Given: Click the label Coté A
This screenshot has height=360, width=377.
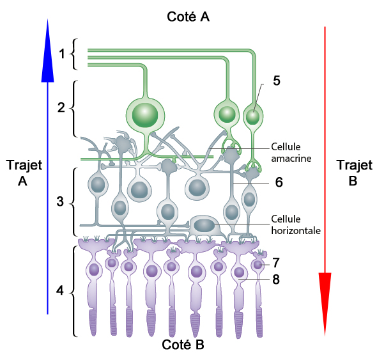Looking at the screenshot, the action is click(x=188, y=17).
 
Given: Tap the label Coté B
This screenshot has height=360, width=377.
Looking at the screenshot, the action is click(x=183, y=345).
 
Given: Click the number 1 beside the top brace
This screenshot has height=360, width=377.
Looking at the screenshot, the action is click(x=62, y=54).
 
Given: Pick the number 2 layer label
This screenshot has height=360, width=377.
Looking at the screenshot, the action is click(x=61, y=107).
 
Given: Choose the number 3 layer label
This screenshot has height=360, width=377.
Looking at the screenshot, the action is click(x=60, y=201).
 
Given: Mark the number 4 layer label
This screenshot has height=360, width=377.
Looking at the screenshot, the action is click(x=60, y=290).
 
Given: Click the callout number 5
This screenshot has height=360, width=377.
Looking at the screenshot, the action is click(x=277, y=81).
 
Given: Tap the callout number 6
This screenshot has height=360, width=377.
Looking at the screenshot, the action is click(x=279, y=182).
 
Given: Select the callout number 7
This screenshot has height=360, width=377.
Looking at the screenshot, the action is click(x=276, y=263).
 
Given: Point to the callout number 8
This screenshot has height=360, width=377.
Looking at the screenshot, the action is click(x=276, y=279).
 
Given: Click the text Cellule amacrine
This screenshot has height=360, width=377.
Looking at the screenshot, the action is click(x=291, y=153).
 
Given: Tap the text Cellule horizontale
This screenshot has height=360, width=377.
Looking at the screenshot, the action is click(x=296, y=224).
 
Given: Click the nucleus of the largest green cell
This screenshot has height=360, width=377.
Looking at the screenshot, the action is click(x=145, y=115).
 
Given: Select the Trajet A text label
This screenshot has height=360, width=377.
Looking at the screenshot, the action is click(x=24, y=173).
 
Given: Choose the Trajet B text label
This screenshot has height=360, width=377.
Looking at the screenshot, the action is click(x=354, y=173).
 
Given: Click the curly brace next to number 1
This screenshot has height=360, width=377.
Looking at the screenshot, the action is click(x=73, y=54).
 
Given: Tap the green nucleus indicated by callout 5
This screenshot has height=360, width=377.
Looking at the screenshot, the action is click(x=253, y=117).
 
